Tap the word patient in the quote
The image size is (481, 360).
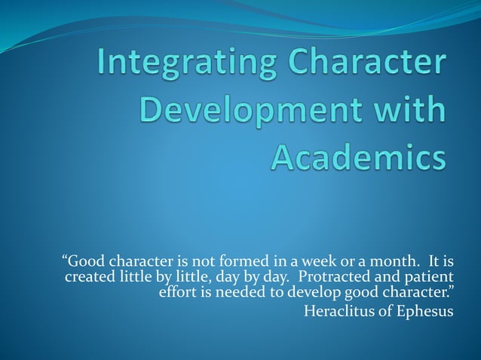coord(430,277)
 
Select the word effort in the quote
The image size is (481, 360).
coord(178,292)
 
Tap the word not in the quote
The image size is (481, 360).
coord(208,262)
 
